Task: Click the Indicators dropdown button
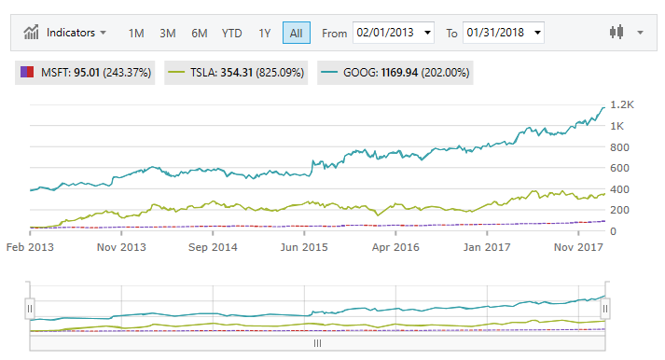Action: click(64, 33)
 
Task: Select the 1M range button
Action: click(136, 33)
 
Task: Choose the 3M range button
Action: click(168, 33)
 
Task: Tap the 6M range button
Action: click(200, 33)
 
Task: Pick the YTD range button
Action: click(232, 33)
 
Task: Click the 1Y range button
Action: click(265, 33)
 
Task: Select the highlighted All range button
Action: click(296, 33)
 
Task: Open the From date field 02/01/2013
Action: click(394, 33)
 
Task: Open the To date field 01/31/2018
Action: click(503, 33)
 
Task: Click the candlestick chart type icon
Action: click(615, 33)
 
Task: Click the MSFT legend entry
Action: click(85, 72)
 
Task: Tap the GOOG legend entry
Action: click(395, 72)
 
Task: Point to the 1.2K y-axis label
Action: click(622, 104)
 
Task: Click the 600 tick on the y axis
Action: click(619, 168)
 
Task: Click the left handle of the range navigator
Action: click(30, 308)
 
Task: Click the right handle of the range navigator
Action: click(605, 308)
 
